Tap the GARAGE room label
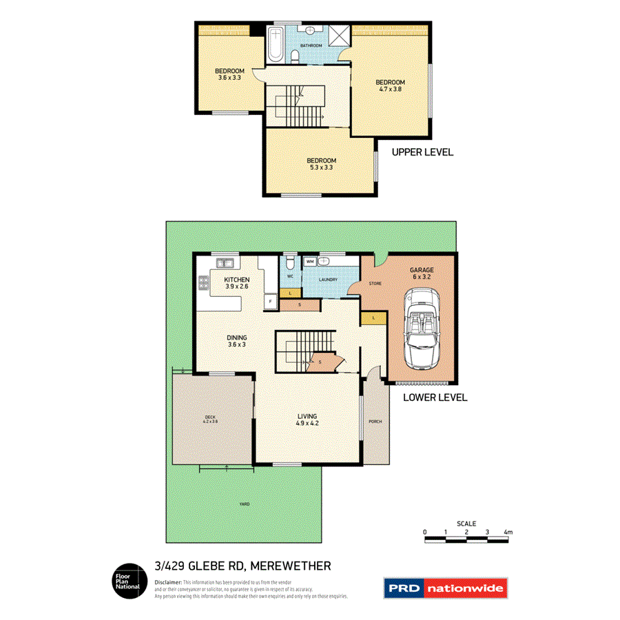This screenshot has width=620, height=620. tap(421, 271)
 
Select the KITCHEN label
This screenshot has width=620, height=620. tap(236, 280)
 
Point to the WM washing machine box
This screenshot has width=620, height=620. tap(310, 262)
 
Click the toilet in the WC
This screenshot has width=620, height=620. tap(291, 263)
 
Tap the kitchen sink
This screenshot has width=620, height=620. tap(222, 262)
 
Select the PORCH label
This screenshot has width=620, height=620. tap(375, 422)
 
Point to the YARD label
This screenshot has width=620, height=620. tap(244, 504)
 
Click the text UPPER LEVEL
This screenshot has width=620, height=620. tap(422, 152)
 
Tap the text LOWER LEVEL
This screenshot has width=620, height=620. tap(435, 397)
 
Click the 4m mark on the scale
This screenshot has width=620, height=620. tap(508, 532)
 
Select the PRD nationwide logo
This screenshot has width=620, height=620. tap(444, 589)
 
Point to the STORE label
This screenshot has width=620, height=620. tap(375, 283)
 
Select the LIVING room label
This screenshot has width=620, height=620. tap(307, 420)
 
